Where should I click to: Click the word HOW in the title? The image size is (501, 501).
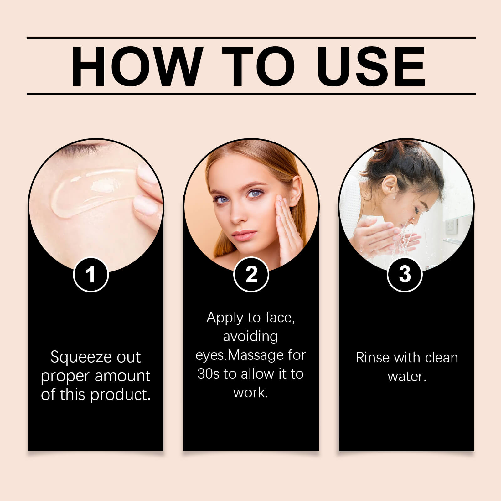pos(135,66)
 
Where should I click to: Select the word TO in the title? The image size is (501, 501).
pos(258,66)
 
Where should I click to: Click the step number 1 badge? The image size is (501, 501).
pos(91,274)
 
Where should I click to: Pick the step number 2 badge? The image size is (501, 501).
pos(251,274)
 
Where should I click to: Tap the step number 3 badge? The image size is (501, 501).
pos(405,274)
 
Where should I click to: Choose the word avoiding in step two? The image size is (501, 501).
pos(250,336)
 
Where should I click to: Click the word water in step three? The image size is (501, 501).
pos(406,376)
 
